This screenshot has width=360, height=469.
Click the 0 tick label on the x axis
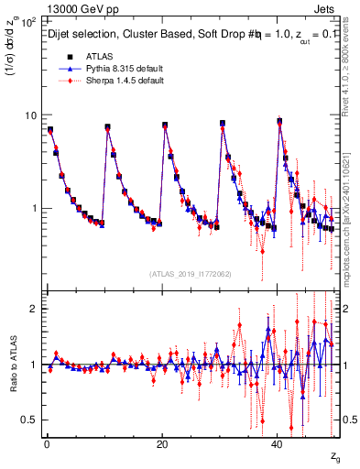tap(46, 444)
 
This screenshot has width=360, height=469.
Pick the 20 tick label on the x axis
tap(161, 444)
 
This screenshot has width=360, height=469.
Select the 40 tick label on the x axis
tap(277, 444)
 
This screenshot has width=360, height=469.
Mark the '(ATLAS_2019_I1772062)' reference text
tap(191, 274)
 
